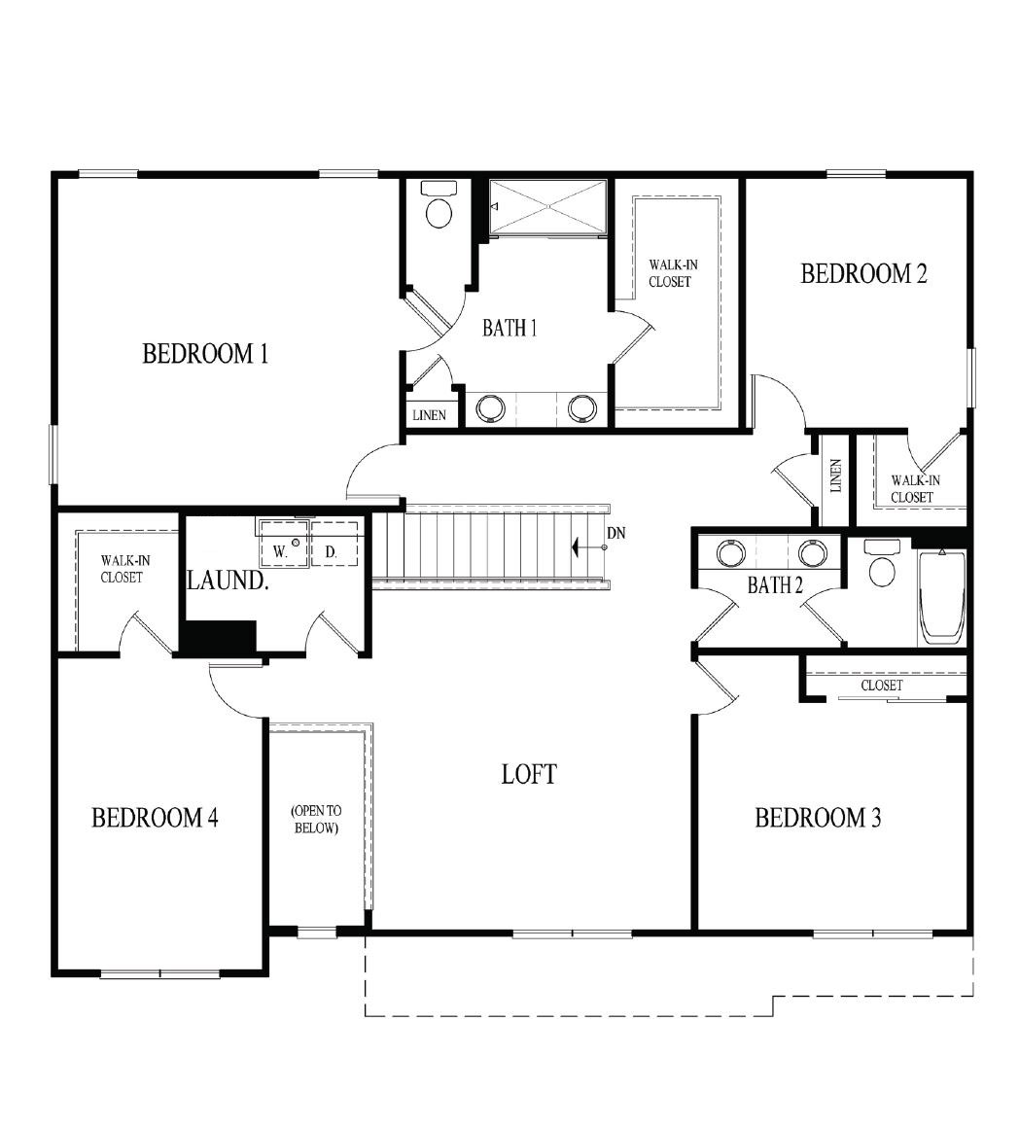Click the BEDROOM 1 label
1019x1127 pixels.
pos(205,354)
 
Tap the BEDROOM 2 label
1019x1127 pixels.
pos(863,274)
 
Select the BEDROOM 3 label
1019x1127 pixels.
pos(818,818)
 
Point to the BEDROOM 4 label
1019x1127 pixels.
pos(155,818)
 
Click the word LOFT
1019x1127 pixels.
pos(529,774)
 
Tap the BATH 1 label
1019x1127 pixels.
pos(509,329)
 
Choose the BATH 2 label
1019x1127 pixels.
pos(775,585)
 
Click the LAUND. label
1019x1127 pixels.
pos(228,581)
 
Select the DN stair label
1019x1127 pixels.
pos(615,533)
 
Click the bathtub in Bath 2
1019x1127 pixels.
pos(942,597)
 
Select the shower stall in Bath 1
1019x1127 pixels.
pos(547,206)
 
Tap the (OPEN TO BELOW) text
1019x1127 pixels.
pos(315,820)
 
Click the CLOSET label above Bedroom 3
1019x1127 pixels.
pos(882,686)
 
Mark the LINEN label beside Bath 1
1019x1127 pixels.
pos(429,415)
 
